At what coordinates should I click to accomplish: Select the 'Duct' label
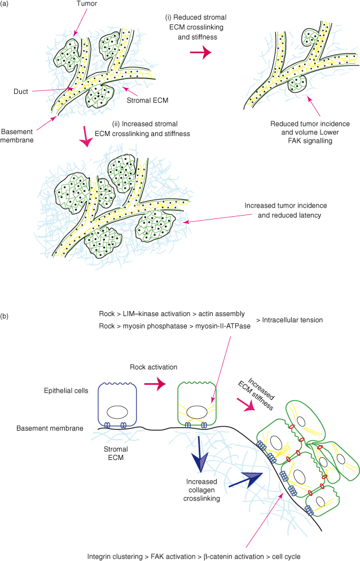pyautogui.click(x=21, y=90)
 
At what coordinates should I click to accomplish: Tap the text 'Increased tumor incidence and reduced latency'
pyautogui.click(x=286, y=209)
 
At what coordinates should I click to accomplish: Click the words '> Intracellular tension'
pyautogui.click(x=289, y=320)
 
